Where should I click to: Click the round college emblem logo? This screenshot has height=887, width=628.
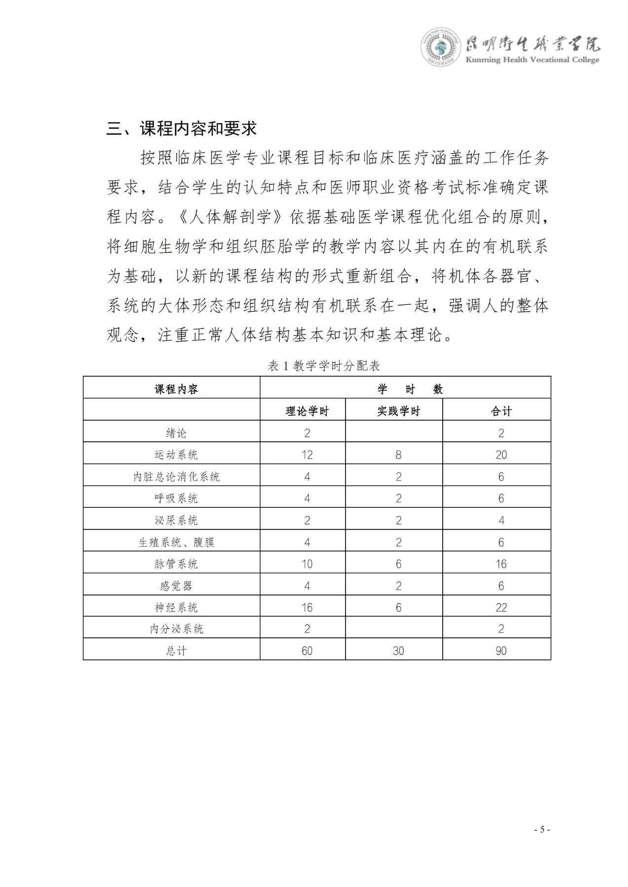click(x=440, y=47)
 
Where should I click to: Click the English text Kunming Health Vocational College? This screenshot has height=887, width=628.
click(x=532, y=60)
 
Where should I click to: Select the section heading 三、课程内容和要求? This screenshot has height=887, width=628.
click(x=181, y=129)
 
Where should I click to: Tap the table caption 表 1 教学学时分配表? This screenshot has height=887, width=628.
click(x=324, y=365)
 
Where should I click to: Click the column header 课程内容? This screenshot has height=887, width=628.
click(x=176, y=389)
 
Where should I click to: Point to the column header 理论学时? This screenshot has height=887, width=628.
click(x=307, y=411)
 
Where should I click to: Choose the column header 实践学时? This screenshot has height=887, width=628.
click(x=398, y=411)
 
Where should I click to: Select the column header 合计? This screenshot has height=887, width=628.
click(x=501, y=411)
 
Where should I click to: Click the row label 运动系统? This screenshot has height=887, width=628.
click(x=176, y=455)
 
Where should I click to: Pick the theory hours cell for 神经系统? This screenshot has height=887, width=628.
click(x=307, y=607)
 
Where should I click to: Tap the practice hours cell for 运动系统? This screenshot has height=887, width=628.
click(x=398, y=455)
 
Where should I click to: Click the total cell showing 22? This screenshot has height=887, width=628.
click(x=501, y=607)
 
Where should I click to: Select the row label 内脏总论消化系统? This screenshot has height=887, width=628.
click(x=176, y=476)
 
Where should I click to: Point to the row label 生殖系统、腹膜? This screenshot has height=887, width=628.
click(x=176, y=542)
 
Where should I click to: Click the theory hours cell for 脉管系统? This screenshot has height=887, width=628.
click(x=307, y=564)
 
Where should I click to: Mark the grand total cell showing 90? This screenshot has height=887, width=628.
click(x=501, y=651)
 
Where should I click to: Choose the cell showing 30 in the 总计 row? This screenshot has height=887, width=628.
click(x=398, y=651)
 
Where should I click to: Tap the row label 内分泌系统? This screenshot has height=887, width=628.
click(x=176, y=628)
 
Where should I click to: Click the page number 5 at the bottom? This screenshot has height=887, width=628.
click(x=542, y=829)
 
